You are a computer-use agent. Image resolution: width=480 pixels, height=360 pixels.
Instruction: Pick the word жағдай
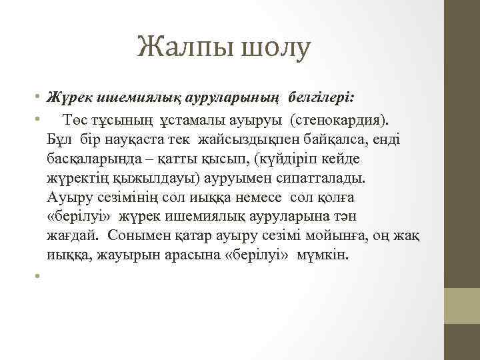coord(73,237)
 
